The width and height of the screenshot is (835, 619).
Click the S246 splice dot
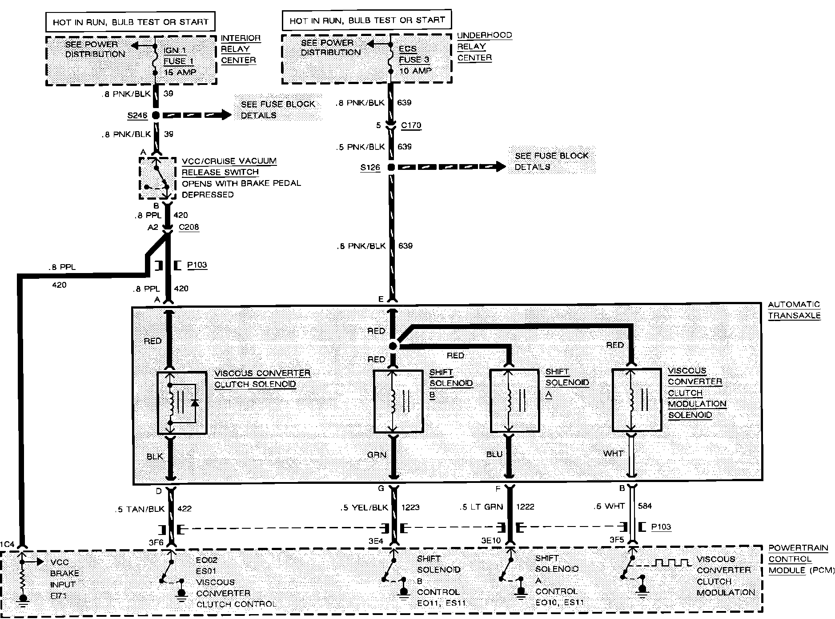pyautogui.click(x=156, y=115)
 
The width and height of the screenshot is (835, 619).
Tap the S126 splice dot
pyautogui.click(x=391, y=167)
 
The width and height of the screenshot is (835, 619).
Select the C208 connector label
pyautogui.click(x=189, y=227)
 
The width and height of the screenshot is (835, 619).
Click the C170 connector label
pyautogui.click(x=411, y=125)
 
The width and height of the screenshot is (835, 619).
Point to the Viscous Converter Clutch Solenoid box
pyautogui.click(x=182, y=402)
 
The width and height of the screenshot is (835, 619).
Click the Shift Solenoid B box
pyautogui.click(x=398, y=402)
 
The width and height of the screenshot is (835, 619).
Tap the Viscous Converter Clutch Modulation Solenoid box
pyautogui.click(x=637, y=400)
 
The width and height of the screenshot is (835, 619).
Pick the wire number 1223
pyautogui.click(x=410, y=507)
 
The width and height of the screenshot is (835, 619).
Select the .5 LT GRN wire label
pyautogui.click(x=482, y=506)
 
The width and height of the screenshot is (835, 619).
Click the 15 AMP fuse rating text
pyautogui.click(x=180, y=72)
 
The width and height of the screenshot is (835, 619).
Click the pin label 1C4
pyautogui.click(x=8, y=544)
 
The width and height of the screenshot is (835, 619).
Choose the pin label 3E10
pyautogui.click(x=491, y=541)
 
